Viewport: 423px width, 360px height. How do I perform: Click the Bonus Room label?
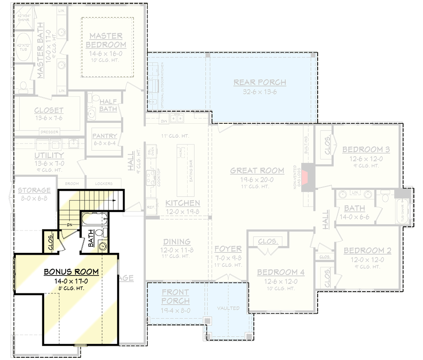click(71, 272)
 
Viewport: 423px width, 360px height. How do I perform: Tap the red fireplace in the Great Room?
click(305, 177)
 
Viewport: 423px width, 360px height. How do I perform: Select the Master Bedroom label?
click(106, 40)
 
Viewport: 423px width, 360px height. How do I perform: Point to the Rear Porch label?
click(260, 82)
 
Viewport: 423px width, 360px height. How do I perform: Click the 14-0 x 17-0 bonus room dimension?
click(71, 281)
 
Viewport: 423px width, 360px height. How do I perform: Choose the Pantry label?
click(104, 136)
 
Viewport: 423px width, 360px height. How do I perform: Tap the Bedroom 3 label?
click(366, 149)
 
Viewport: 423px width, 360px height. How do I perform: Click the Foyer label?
click(228, 249)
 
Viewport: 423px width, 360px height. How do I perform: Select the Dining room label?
click(177, 242)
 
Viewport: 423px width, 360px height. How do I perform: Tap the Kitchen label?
click(182, 203)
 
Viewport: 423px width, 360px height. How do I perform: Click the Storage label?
click(34, 190)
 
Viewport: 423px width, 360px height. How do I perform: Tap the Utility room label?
click(49, 156)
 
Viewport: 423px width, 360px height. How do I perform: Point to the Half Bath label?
click(108, 105)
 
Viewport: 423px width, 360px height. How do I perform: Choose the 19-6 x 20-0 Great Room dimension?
click(257, 179)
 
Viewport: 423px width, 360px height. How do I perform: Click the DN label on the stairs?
click(70, 225)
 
